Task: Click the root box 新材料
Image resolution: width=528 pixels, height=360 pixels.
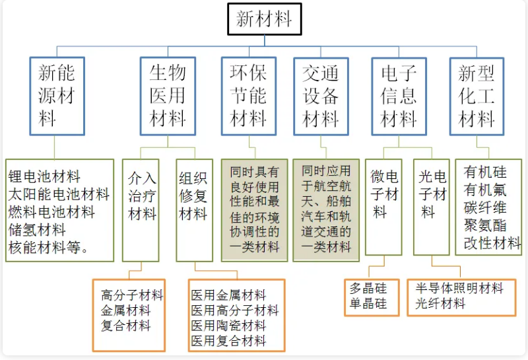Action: (264, 18)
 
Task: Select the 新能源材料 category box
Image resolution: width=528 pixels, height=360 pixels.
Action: (57, 96)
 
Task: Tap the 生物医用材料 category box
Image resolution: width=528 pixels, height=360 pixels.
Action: (168, 96)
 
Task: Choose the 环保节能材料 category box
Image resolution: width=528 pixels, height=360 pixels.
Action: (248, 96)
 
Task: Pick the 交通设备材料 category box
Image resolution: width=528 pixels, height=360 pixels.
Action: (321, 96)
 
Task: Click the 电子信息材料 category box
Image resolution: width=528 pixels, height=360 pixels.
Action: (399, 96)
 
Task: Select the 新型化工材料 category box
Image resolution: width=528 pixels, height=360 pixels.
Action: (477, 96)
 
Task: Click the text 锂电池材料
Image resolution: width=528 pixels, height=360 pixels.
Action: (44, 176)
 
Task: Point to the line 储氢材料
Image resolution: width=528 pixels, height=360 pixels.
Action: (37, 230)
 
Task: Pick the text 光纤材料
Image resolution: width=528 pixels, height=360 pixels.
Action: (440, 304)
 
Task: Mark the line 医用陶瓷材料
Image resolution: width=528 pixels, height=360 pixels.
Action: (228, 326)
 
